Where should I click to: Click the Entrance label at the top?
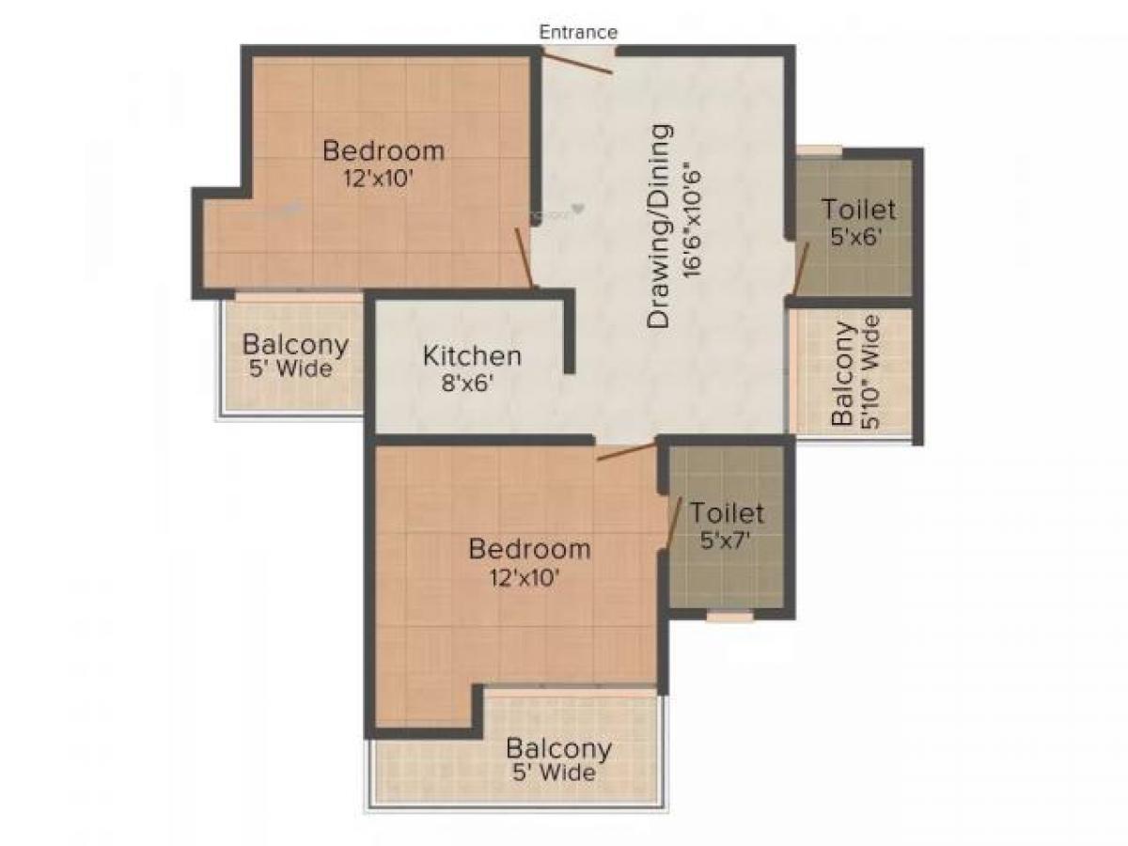[578, 32]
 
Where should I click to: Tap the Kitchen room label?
[471, 356]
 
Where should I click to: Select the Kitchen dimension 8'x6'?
[471, 383]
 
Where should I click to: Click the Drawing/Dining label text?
[661, 226]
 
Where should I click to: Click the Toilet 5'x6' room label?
[858, 209]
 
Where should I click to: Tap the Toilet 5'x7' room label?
[727, 513]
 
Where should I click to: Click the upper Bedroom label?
[384, 149]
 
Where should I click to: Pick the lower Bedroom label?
[529, 548]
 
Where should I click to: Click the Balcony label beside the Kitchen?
[295, 344]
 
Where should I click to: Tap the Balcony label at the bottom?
[558, 749]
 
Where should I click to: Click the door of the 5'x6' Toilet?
[800, 269]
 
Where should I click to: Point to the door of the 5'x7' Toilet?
[673, 523]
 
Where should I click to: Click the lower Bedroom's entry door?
[625, 451]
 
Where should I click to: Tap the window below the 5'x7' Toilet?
[730, 617]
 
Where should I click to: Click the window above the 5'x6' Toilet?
[819, 149]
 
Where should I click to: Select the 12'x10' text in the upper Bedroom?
[378, 179]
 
